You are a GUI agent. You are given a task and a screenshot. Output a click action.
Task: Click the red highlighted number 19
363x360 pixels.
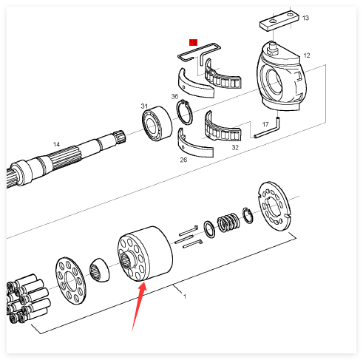pyautogui.click(x=193, y=42)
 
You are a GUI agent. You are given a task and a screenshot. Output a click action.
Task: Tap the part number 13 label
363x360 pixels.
pyautogui.click(x=305, y=18)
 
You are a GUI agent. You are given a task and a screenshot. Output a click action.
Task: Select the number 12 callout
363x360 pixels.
pyautogui.click(x=307, y=55)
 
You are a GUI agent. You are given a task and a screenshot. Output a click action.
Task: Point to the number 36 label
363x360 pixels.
pyautogui.click(x=174, y=96)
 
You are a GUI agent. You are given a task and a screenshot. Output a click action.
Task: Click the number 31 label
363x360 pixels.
pyautogui.click(x=144, y=106)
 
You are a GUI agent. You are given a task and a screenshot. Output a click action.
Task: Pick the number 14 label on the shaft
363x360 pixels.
pyautogui.click(x=56, y=144)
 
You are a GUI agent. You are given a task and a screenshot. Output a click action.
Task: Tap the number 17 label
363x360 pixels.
pyautogui.click(x=265, y=124)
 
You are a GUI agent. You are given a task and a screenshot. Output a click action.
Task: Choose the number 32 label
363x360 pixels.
pyautogui.click(x=235, y=147)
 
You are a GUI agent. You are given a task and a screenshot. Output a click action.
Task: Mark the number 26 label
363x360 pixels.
pyautogui.click(x=183, y=160)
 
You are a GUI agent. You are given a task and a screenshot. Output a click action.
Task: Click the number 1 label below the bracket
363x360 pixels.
pyautogui.click(x=185, y=296)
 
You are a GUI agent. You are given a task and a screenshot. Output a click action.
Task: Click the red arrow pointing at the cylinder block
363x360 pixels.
pyautogui.click(x=139, y=308)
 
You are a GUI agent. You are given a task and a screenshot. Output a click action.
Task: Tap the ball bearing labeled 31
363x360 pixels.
pyautogui.click(x=157, y=123)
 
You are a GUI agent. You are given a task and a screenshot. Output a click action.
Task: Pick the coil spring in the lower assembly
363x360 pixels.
pyautogui.click(x=228, y=222)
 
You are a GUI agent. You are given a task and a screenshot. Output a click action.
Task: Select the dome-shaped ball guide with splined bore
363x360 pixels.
pyautogui.click(x=99, y=270)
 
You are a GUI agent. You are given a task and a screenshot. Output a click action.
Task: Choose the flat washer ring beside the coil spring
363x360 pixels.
pyautogui.click(x=209, y=229)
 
